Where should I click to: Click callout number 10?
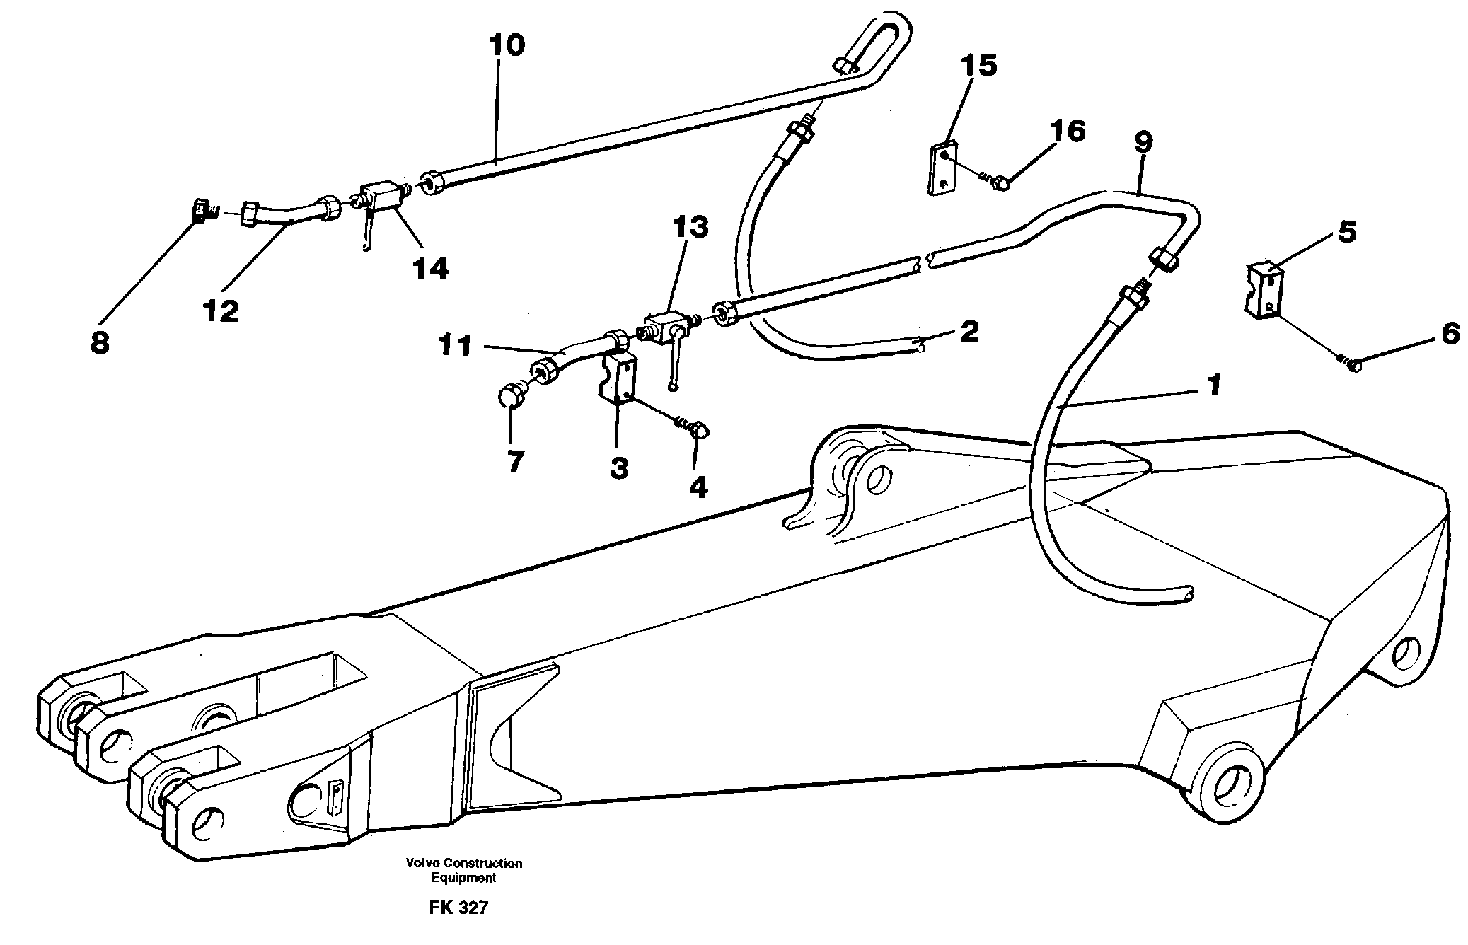click(507, 45)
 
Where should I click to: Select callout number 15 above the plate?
click(978, 65)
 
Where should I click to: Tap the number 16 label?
click(1067, 131)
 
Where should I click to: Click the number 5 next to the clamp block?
click(1346, 231)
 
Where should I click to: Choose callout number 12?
click(221, 311)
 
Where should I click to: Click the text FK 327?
click(458, 908)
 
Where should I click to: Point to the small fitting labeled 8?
click(202, 211)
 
